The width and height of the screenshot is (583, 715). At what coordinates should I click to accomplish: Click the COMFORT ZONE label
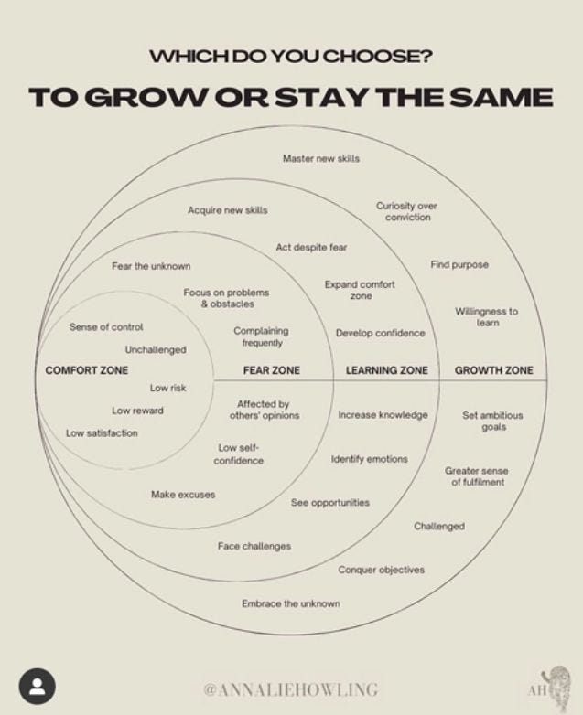[x=87, y=370]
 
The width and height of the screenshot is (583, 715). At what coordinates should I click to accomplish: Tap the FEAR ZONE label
[x=271, y=370]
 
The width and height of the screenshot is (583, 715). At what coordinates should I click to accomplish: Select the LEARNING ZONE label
[x=386, y=370]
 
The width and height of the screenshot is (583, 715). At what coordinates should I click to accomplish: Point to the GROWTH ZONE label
[x=494, y=370]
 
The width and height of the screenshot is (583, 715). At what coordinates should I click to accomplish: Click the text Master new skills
[x=320, y=159]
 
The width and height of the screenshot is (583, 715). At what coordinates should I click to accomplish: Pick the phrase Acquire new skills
[x=228, y=210]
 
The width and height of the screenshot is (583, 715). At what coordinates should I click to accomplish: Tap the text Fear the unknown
[x=151, y=266]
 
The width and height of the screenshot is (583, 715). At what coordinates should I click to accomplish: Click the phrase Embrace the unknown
[x=290, y=603]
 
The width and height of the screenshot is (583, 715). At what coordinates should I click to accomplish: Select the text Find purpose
[x=459, y=265]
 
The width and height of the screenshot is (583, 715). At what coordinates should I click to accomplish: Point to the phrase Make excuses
[x=183, y=495]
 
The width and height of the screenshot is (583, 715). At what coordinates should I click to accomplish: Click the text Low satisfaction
[x=102, y=433]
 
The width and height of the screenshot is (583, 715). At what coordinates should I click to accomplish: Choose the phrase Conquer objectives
[x=381, y=570]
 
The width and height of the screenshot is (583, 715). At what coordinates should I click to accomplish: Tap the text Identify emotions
[x=369, y=459]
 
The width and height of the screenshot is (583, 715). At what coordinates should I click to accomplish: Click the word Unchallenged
[x=156, y=349]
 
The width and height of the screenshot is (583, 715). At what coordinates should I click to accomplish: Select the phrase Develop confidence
[x=380, y=333]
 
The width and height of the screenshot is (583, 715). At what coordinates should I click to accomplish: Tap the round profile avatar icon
[x=38, y=687]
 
